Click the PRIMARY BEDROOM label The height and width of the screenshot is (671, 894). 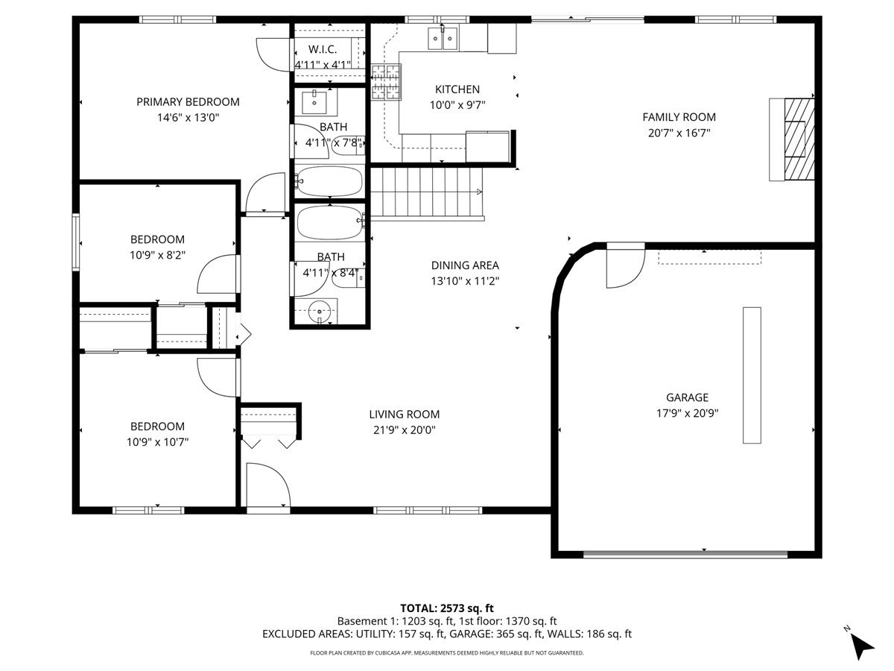(188, 102)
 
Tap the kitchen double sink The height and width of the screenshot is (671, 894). (443, 38)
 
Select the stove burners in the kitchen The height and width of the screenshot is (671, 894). (386, 82)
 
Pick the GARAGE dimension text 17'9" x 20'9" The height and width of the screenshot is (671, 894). (687, 414)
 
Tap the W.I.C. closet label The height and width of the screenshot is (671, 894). (323, 49)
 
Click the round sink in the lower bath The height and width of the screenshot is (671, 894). (320, 312)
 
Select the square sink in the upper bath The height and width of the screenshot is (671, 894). (314, 103)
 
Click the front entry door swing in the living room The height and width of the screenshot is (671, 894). (268, 485)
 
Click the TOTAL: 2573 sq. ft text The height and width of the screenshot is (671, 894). (447, 608)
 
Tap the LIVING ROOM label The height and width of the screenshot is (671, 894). (405, 415)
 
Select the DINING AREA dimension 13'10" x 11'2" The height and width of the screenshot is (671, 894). (465, 281)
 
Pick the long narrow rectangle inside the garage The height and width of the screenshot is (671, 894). (752, 375)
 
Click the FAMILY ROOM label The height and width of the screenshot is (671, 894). (679, 117)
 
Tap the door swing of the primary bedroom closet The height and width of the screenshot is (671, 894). (273, 55)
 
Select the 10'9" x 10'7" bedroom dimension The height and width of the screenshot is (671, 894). (158, 442)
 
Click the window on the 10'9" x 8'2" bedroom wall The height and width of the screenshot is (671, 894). (76, 242)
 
